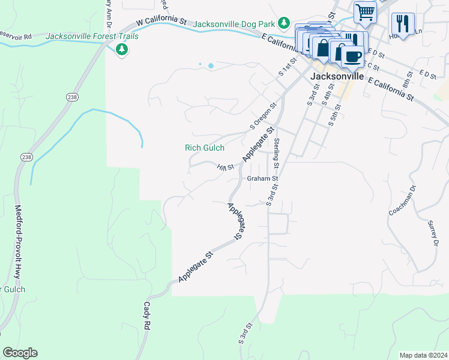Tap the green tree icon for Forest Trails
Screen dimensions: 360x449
[122, 49]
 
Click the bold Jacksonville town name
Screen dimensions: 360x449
[337, 77]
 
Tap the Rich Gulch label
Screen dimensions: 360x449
[204, 148]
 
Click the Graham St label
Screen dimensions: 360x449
[263, 178]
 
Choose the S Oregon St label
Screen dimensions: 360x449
[263, 117]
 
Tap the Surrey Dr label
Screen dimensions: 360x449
[432, 234]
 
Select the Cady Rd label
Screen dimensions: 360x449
[146, 316]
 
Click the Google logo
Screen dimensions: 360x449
[20, 353]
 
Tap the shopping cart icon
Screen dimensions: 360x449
[365, 11]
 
